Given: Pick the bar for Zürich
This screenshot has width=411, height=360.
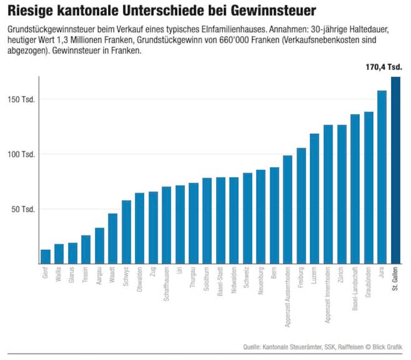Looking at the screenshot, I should pyautogui.click(x=342, y=194).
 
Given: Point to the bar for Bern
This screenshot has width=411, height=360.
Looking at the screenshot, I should pyautogui.click(x=274, y=215).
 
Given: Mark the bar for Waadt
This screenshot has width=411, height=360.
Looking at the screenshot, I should pyautogui.click(x=113, y=239).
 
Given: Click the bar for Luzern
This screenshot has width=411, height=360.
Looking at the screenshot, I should pyautogui.click(x=315, y=199).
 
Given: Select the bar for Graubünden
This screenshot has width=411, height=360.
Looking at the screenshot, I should pyautogui.click(x=369, y=188).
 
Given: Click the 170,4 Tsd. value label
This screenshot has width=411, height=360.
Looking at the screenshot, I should pyautogui.click(x=384, y=67).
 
